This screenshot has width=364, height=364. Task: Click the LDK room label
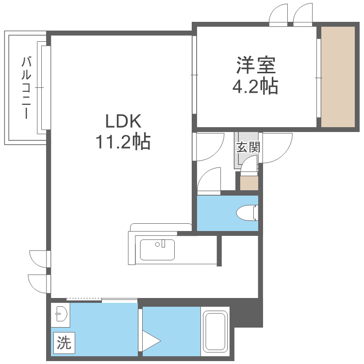coord(123,121)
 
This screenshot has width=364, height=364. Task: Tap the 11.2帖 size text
coord(123,141)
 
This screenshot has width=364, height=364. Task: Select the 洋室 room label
coord(256,65)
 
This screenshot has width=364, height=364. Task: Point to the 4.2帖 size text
coord(255,86)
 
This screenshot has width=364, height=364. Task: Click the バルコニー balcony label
coord(26,87)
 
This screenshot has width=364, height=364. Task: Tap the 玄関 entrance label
coord(248,147)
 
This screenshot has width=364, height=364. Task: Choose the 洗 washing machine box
coord(64,343)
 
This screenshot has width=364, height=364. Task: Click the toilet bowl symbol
coord(247,213)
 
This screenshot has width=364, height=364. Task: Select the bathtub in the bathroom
coord(215,331)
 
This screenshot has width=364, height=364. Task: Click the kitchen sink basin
coord(157,249)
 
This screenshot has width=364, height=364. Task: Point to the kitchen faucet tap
coord(163,243)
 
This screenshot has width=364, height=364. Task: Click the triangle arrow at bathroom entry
coord(150,341)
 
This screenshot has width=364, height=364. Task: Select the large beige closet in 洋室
coord(338,77)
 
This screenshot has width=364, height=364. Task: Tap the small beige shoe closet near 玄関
coord(249,183)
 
